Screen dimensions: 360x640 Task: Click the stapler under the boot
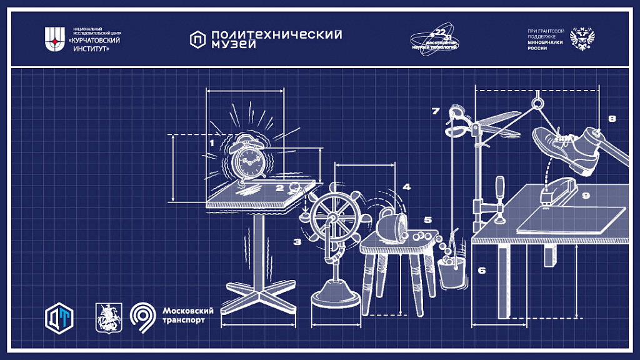[x=558, y=189]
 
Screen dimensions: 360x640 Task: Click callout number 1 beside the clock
[x=212, y=143]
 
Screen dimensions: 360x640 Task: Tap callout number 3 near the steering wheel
[x=297, y=241]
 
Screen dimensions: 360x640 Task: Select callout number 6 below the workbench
[x=481, y=271]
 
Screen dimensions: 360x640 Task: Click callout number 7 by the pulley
[x=436, y=111]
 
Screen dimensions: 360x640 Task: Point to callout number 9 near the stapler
[x=586, y=196]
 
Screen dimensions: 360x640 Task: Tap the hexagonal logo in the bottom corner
[x=59, y=317]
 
